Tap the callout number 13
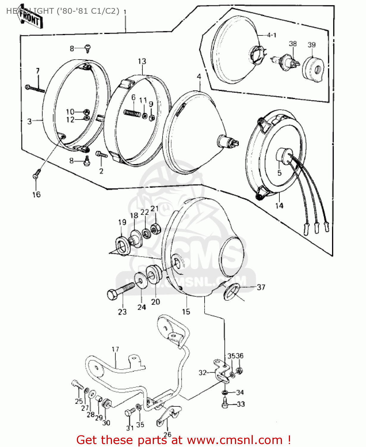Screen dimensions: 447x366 pyautogui.click(x=142, y=61)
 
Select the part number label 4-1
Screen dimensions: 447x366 pyautogui.click(x=271, y=35)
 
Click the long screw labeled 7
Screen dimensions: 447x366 pyautogui.click(x=35, y=89)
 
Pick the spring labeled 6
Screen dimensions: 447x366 pyautogui.click(x=132, y=113)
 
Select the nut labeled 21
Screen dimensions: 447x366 pyautogui.click(x=155, y=229)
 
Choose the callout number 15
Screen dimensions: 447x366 pyautogui.click(x=186, y=312)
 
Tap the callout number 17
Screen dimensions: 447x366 pyautogui.click(x=115, y=349)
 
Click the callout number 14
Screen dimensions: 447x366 pyautogui.click(x=279, y=206)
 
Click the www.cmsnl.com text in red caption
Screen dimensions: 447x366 pyautogui.click(x=234, y=440)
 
